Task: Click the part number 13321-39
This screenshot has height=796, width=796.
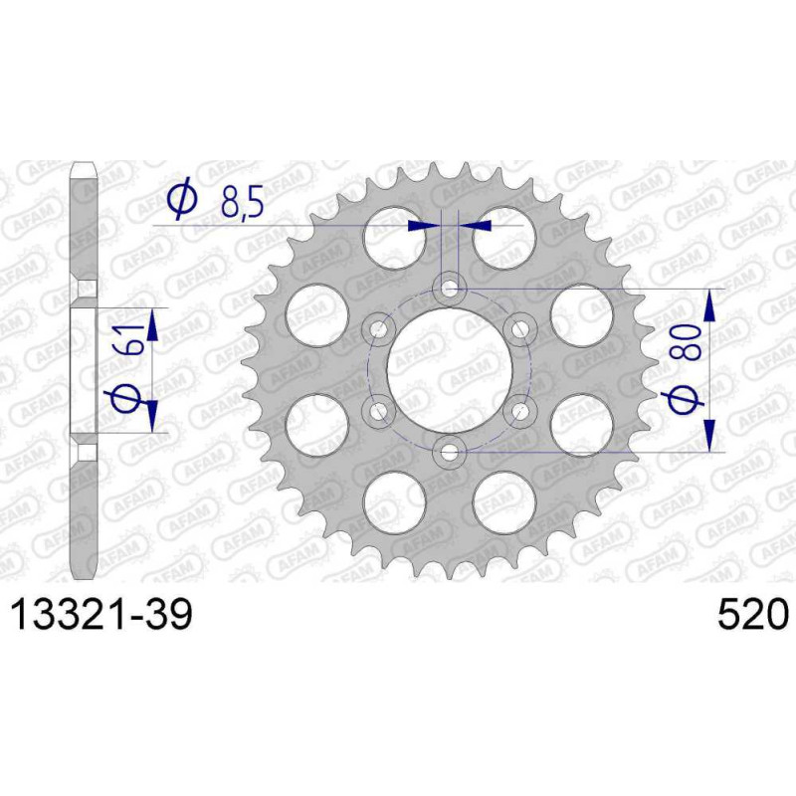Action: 102,613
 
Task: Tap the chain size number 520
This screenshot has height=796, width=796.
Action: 753,613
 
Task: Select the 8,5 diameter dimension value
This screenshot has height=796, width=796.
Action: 242,205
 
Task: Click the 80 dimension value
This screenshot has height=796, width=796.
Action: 691,342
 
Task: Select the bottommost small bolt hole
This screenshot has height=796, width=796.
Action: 449,453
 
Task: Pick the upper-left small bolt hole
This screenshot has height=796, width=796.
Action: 379,330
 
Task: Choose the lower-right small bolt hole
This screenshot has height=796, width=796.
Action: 519,411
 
